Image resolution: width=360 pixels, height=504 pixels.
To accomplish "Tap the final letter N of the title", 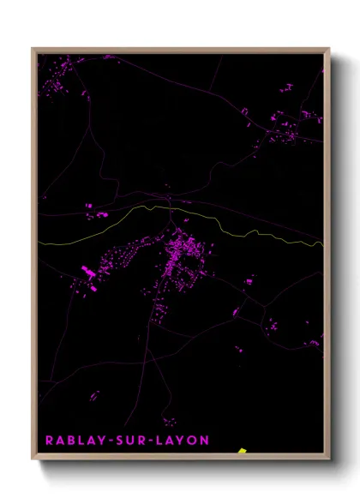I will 204,440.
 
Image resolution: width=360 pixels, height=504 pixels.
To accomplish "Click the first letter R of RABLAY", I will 49,440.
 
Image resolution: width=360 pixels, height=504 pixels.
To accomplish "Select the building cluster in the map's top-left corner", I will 53,86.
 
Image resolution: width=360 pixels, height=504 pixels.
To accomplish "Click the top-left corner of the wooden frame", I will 33,49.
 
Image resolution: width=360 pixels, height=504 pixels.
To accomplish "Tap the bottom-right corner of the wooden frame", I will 328,460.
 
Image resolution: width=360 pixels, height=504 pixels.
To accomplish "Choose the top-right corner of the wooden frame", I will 328,49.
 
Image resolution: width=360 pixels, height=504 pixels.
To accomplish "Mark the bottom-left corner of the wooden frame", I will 33,460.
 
